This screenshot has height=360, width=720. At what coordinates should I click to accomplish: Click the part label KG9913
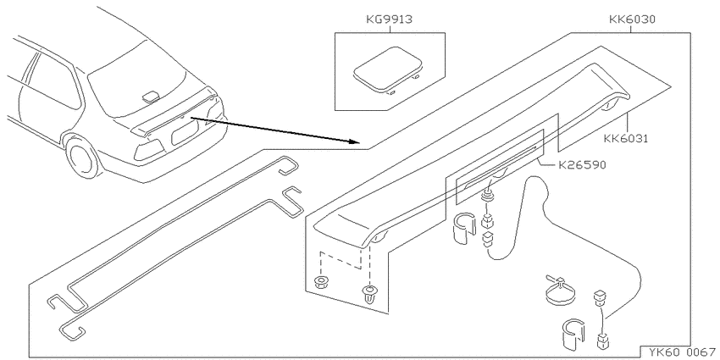390,19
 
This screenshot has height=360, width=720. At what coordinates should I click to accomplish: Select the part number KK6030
632,19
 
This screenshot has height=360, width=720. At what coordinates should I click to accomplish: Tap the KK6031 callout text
625,139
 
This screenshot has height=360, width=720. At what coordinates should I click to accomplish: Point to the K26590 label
582,164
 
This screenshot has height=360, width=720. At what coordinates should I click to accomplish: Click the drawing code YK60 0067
682,352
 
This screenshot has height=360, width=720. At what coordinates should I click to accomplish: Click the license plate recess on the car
185,133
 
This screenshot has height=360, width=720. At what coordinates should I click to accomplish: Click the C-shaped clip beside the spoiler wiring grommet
464,227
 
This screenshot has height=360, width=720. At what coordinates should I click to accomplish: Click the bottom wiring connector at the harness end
602,341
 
